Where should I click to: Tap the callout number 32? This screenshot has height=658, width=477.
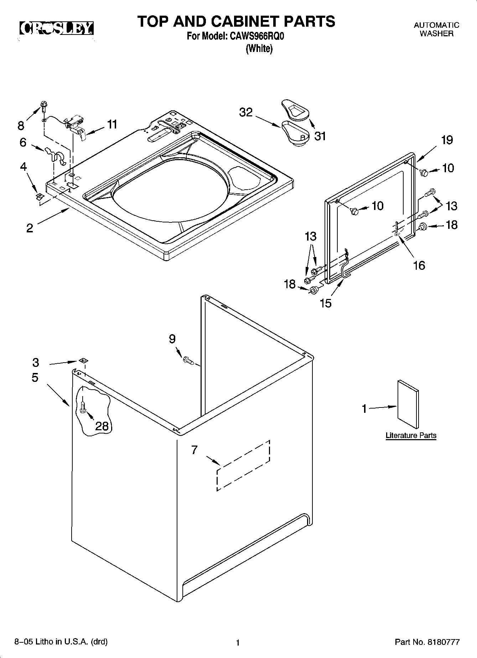click(x=246, y=112)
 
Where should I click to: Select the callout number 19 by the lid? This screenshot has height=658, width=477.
click(x=447, y=140)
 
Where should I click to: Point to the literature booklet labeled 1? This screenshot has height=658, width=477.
click(x=408, y=404)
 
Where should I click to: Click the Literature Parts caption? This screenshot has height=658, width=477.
click(x=411, y=435)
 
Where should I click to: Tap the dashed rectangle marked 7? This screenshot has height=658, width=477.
click(x=243, y=465)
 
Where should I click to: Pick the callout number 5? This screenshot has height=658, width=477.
click(x=35, y=377)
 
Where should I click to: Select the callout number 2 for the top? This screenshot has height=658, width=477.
click(x=30, y=228)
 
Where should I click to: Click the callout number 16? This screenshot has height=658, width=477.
click(x=419, y=265)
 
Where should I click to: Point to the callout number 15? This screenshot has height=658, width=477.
click(x=326, y=303)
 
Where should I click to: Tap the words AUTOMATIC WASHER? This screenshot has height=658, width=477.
click(x=436, y=29)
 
